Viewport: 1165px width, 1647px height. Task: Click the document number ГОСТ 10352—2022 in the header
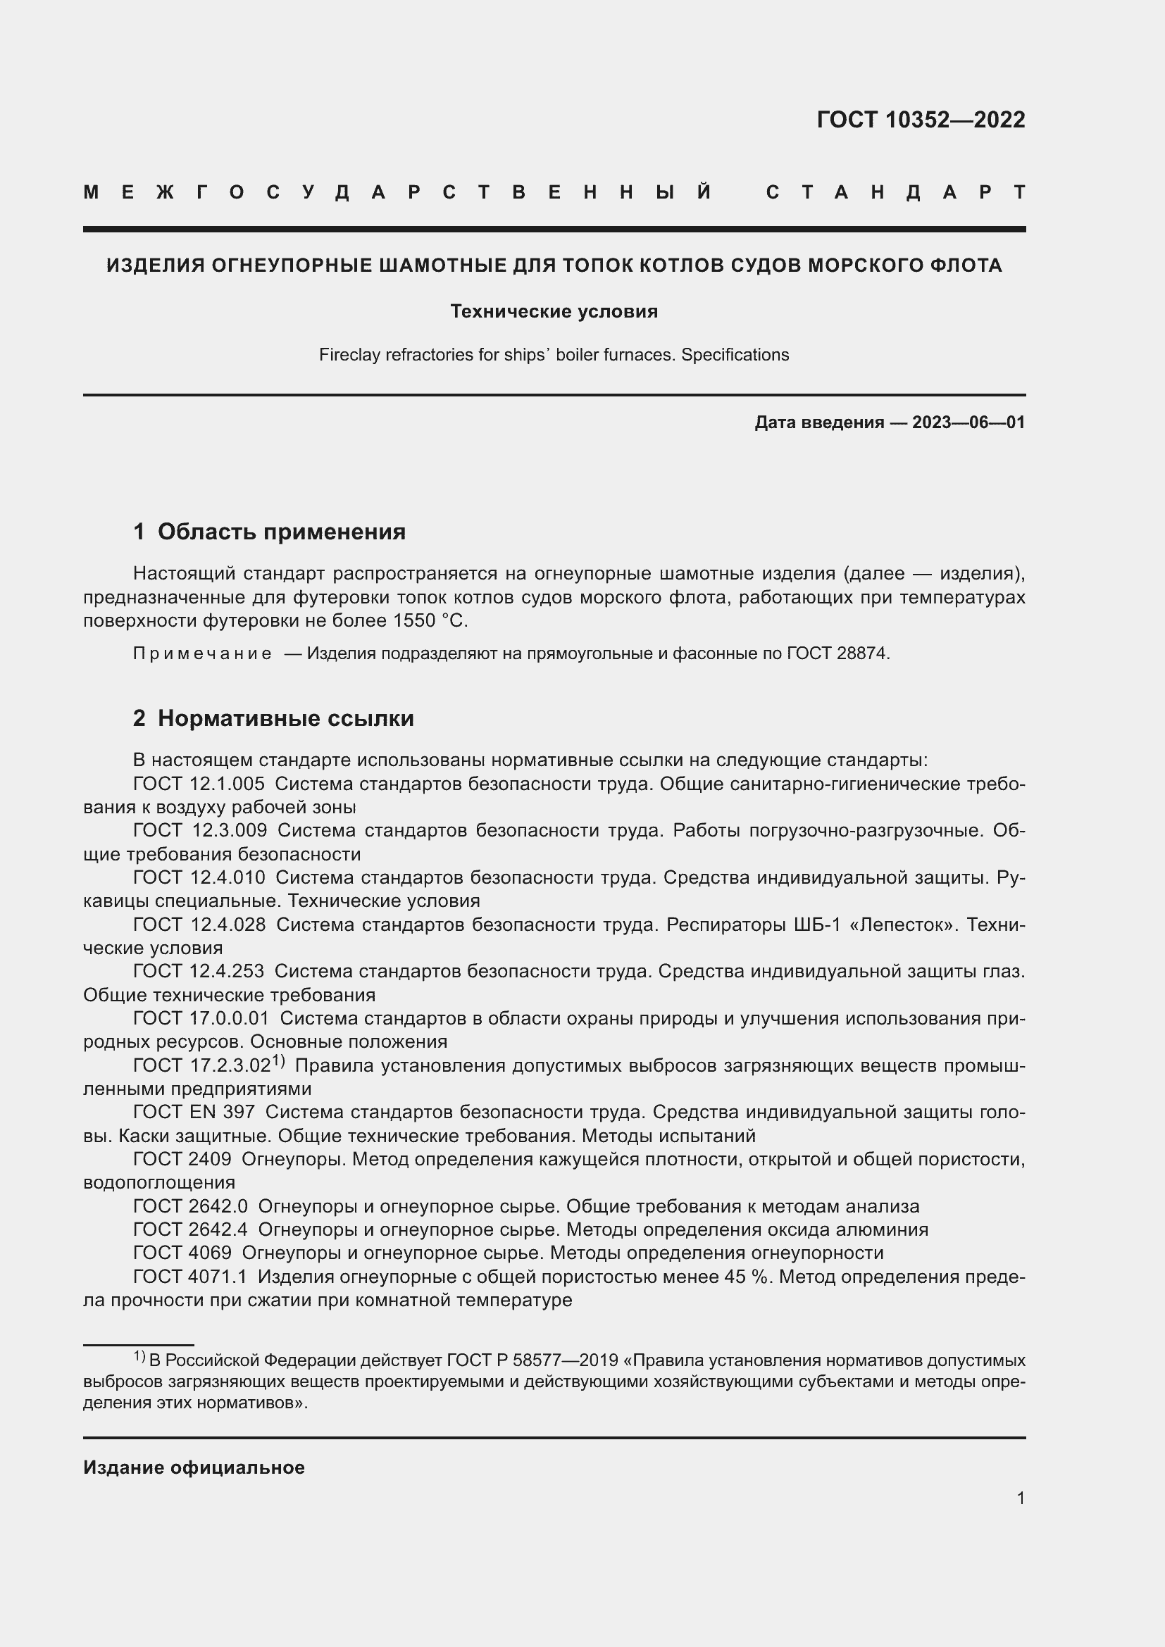(x=921, y=120)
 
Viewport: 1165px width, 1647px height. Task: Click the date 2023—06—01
(x=968, y=422)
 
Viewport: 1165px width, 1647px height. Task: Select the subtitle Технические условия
(x=554, y=311)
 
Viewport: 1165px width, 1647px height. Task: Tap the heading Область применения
(x=281, y=532)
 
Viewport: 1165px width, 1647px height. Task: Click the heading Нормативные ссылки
(x=285, y=718)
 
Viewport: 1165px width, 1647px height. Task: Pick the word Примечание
(x=202, y=653)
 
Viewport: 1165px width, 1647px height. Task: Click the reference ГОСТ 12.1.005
(x=199, y=784)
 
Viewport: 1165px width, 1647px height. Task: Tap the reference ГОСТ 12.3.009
(x=200, y=831)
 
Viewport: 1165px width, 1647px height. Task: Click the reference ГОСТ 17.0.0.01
(x=201, y=1019)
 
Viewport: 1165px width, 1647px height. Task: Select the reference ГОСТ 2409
(x=182, y=1159)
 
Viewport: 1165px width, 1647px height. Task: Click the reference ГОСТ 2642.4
(x=190, y=1229)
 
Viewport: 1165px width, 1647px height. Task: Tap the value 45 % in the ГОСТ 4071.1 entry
(x=745, y=1277)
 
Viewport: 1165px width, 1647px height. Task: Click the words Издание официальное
(x=194, y=1467)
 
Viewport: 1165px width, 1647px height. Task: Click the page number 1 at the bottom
(x=1020, y=1498)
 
